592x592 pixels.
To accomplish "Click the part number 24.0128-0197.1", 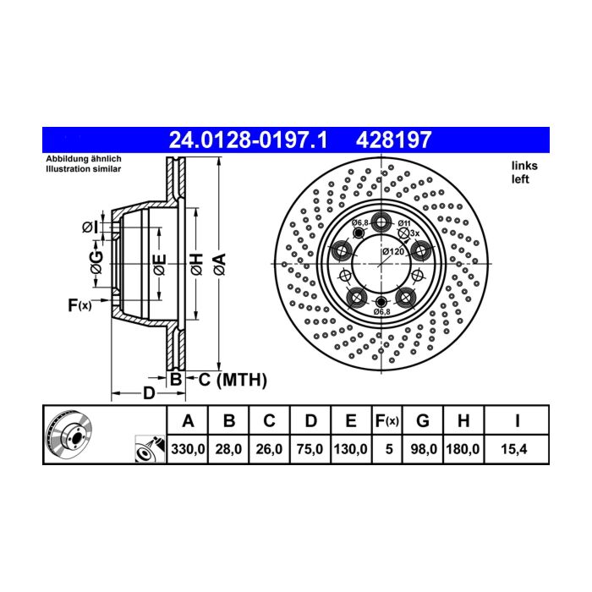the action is click(248, 140).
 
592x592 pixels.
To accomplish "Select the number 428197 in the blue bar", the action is click(393, 140).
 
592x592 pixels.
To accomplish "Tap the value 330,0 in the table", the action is click(188, 449).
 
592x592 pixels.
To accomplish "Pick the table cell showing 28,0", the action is click(228, 449).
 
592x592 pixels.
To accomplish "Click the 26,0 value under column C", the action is click(269, 449).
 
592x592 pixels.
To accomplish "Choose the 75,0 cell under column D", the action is click(310, 449).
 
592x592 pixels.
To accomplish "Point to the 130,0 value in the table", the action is click(350, 449).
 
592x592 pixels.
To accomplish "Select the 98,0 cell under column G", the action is click(424, 449).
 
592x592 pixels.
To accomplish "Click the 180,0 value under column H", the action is click(463, 449).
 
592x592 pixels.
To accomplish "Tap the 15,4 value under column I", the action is click(514, 449).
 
